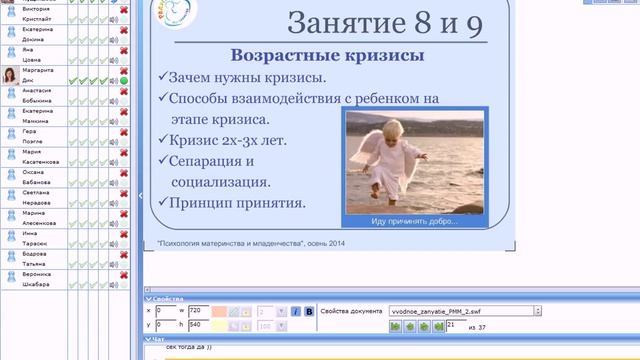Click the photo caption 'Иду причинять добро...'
pyautogui.click(x=414, y=221)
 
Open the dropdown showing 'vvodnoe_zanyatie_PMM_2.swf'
pyautogui.click(x=464, y=311)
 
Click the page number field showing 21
pyautogui.click(x=456, y=325)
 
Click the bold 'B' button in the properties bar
pyautogui.click(x=309, y=311)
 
